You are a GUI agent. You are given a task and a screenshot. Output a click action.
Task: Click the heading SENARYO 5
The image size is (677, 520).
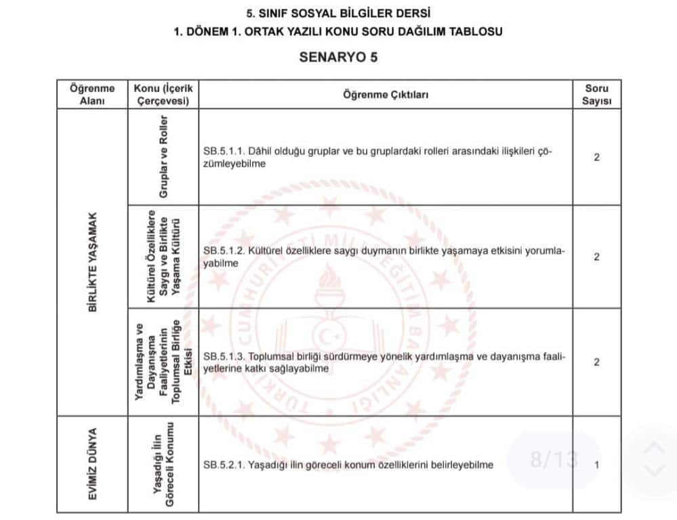tap(338, 57)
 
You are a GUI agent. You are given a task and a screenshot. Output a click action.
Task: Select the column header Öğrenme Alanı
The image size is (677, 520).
tap(92, 95)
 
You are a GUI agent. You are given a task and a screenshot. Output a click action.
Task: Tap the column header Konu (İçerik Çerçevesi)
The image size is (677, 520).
tap(163, 95)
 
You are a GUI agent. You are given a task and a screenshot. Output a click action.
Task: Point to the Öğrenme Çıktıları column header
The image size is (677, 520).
tap(386, 95)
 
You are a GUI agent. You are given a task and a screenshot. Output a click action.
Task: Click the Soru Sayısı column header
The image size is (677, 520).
tap(596, 95)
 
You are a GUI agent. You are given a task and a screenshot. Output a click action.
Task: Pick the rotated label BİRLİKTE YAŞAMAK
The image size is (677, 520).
tap(93, 262)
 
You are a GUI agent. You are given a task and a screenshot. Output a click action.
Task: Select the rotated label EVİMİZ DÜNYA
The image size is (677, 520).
tap(93, 464)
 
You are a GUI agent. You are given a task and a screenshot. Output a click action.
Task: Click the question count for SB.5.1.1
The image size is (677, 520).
tap(596, 158)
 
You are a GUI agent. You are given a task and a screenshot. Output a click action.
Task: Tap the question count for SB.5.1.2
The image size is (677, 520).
tap(596, 257)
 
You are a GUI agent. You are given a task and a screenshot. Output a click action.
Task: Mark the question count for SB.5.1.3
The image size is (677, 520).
tap(596, 362)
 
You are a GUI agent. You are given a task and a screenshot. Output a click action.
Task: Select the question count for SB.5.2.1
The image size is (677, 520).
tap(596, 465)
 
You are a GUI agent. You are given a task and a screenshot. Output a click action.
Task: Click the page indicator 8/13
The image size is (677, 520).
tap(554, 460)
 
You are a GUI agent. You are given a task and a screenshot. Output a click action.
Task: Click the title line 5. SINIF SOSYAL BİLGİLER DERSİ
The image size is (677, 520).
tap(338, 14)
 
